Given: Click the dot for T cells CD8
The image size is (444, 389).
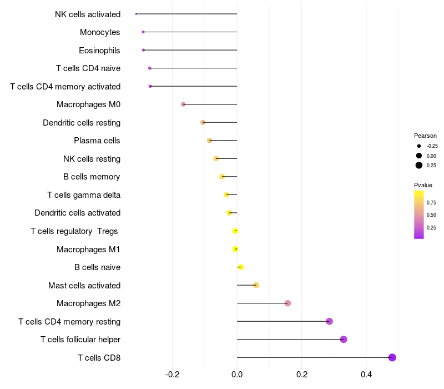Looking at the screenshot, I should tap(392, 357).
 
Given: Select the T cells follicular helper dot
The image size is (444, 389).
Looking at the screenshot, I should tap(344, 340).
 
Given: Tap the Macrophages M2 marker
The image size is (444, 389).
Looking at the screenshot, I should tap(287, 303).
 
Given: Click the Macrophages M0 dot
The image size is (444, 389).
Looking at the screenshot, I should tap(183, 104).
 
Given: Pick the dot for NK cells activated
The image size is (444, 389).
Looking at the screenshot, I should tap(136, 14).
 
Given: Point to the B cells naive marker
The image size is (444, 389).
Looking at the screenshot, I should tap(240, 267).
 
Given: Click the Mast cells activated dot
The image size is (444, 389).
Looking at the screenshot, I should tap(256, 285).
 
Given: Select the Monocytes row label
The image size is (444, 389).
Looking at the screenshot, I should tap(100, 32).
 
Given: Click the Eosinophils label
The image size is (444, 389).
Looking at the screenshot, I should tap(99, 51).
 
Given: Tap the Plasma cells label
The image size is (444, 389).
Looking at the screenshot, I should tap(97, 141).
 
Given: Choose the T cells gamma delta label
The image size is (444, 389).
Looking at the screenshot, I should tap(84, 195).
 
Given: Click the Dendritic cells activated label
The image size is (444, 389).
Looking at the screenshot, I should tap(77, 213).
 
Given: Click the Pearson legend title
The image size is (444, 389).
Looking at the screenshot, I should tap(425, 136).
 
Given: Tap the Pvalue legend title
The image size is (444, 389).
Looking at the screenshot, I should tap(423, 185).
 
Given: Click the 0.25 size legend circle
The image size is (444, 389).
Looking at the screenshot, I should tap(419, 165).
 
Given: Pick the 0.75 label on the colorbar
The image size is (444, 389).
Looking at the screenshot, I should tap(431, 202).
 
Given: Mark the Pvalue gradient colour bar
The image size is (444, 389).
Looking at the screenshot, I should tap(419, 215).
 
